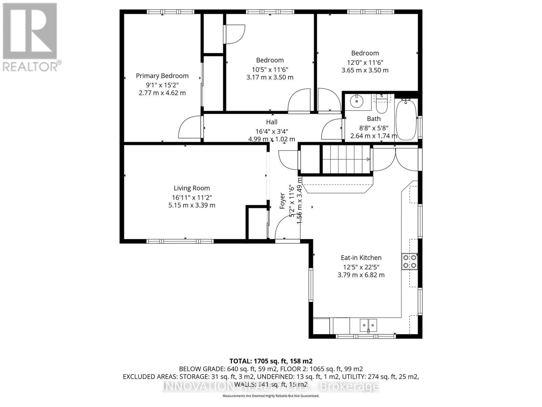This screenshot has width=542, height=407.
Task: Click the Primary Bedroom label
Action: [x=162, y=76]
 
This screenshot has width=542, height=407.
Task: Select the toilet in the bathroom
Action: [x=382, y=106]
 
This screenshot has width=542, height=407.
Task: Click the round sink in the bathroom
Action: [x=356, y=101]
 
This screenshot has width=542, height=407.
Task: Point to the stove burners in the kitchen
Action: [x=410, y=261]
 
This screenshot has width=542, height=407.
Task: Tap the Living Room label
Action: [x=192, y=188]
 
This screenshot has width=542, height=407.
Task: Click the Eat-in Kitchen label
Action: [x=361, y=257]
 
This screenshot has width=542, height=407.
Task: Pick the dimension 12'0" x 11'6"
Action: [x=365, y=62]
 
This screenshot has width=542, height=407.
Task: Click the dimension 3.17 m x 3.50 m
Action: [x=270, y=77]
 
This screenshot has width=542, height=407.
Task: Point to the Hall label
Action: [x=272, y=122]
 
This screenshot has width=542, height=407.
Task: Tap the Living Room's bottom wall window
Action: [x=180, y=241]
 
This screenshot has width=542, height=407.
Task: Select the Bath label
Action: [x=374, y=119]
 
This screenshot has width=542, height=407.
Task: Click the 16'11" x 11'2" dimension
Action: [x=192, y=197]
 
